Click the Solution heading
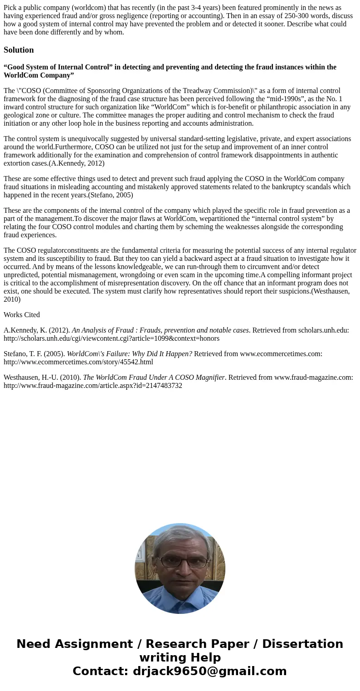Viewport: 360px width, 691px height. coord(19,50)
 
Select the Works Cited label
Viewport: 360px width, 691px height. coord(22,315)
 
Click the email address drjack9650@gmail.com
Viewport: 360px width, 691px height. coord(209,671)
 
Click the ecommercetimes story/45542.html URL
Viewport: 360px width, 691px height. coord(78,362)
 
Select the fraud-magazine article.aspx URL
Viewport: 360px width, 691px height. coord(93,386)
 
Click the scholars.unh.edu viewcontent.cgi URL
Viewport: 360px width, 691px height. coord(112,338)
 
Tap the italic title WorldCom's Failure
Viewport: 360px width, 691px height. coord(129,354)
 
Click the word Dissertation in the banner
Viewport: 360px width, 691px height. coord(302,644)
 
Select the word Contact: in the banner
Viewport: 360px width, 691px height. coord(100,671)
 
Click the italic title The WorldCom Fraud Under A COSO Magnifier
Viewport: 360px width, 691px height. coord(154,377)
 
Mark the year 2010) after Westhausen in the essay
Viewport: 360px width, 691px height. coord(12,299)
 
